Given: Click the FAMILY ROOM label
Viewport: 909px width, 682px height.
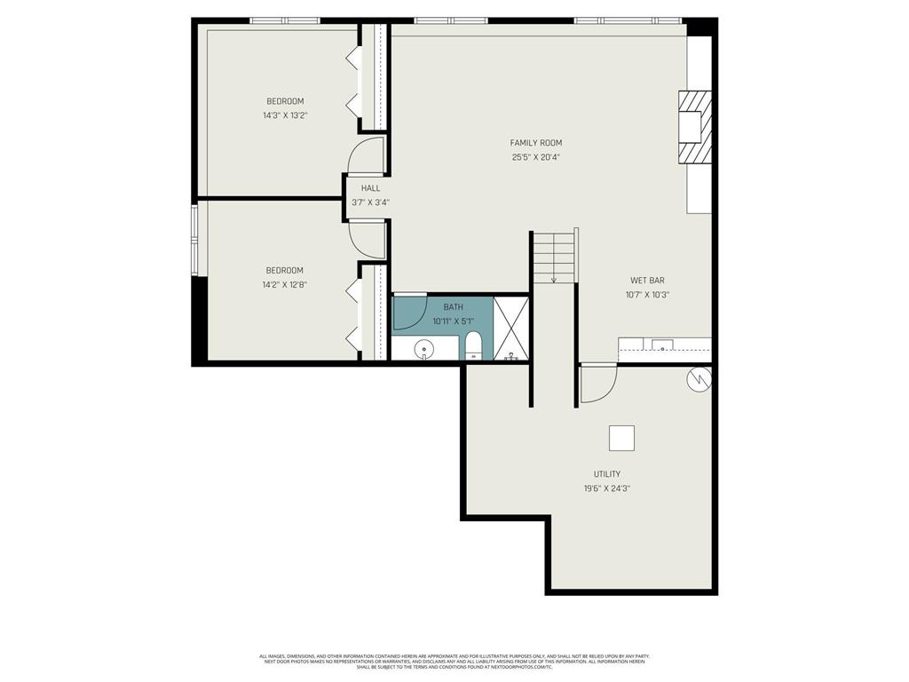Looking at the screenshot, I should point(535,143).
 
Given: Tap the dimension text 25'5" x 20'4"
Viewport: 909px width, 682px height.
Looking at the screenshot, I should point(535,157).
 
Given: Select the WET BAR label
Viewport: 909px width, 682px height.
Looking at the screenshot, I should point(647,281).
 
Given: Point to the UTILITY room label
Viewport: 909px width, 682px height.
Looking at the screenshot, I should point(607,474).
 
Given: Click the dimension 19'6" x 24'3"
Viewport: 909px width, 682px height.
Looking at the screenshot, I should point(607,488).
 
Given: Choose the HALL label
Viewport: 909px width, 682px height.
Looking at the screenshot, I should point(370,188).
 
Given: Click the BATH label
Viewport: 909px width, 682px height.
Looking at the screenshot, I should point(453,307).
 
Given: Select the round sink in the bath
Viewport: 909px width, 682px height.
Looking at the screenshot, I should point(425,349).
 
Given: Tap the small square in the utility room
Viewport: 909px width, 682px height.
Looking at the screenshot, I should point(621,438).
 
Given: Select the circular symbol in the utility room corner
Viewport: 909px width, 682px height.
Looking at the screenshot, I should point(699,379).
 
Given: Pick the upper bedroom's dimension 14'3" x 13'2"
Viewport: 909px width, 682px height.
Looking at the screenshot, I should point(285,115).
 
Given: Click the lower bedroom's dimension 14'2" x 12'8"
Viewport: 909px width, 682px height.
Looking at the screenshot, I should point(284,285).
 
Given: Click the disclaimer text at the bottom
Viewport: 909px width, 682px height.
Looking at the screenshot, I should point(454,662).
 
